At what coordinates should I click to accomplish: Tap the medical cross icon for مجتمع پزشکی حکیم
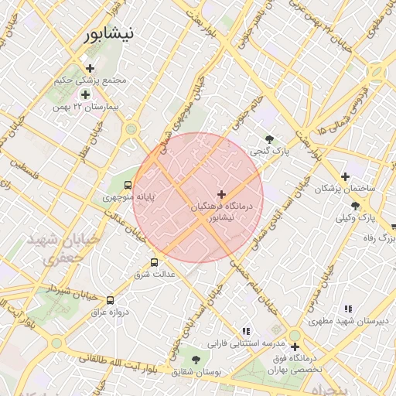click(x=90, y=69)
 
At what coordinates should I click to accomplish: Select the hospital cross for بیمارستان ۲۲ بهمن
click(x=85, y=94)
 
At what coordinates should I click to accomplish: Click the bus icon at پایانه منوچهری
click(x=128, y=185)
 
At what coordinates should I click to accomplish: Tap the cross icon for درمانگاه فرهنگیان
click(x=222, y=194)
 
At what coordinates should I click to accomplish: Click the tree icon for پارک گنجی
click(x=269, y=139)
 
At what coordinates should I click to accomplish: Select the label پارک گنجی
click(x=274, y=152)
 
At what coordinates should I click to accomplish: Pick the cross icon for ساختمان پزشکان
click(x=346, y=176)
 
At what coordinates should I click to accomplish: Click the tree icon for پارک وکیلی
click(x=355, y=206)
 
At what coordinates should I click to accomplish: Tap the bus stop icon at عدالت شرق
click(x=155, y=262)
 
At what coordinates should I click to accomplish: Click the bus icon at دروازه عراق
click(x=110, y=300)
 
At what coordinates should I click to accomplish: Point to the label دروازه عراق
click(x=108, y=312)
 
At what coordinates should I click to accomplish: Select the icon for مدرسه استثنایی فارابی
click(x=246, y=330)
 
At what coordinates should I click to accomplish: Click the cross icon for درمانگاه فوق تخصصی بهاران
click(x=294, y=346)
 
